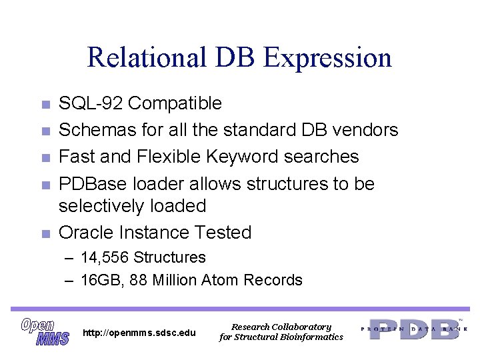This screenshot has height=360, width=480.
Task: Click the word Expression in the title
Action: tap(327, 59)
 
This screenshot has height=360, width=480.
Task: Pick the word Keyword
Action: tap(243, 157)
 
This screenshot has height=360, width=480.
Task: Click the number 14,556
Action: tap(105, 257)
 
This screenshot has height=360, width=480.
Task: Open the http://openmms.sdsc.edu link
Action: tap(139, 332)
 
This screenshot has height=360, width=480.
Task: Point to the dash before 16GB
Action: tap(69, 280)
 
